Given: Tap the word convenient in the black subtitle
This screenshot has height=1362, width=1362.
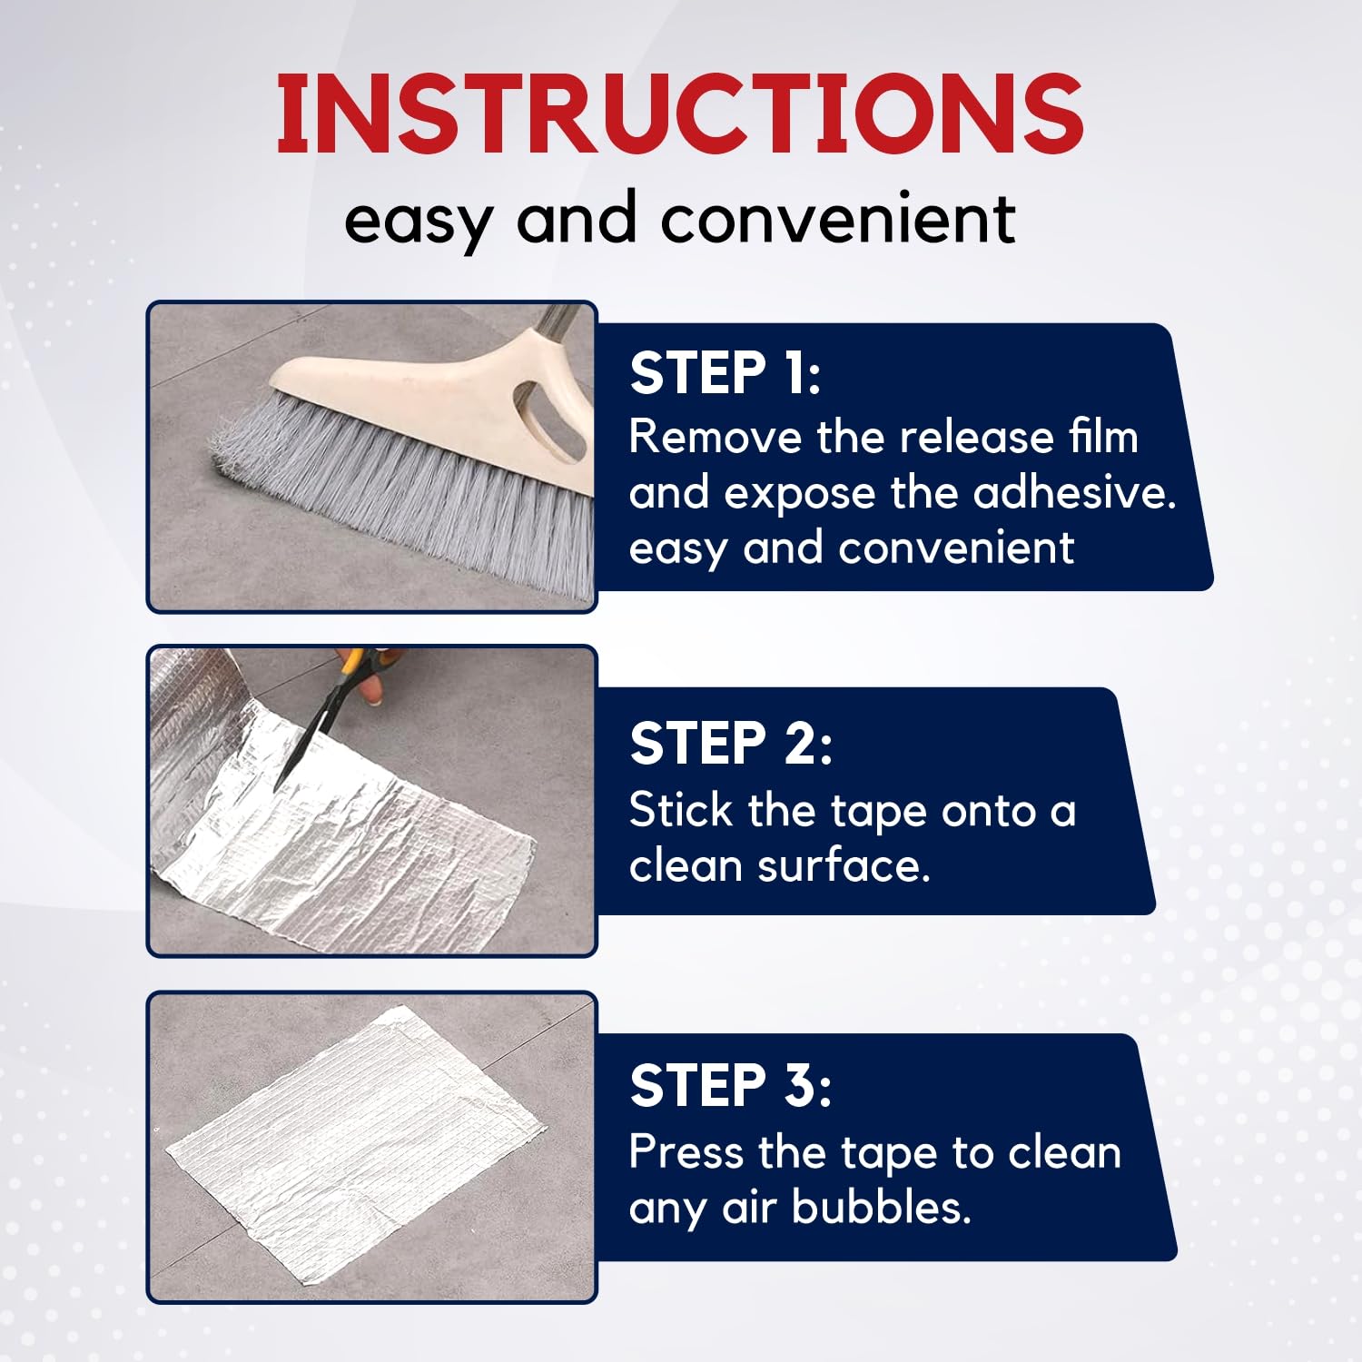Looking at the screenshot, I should click(837, 219).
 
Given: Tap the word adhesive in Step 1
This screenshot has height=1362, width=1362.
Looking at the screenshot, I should click(1073, 493).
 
